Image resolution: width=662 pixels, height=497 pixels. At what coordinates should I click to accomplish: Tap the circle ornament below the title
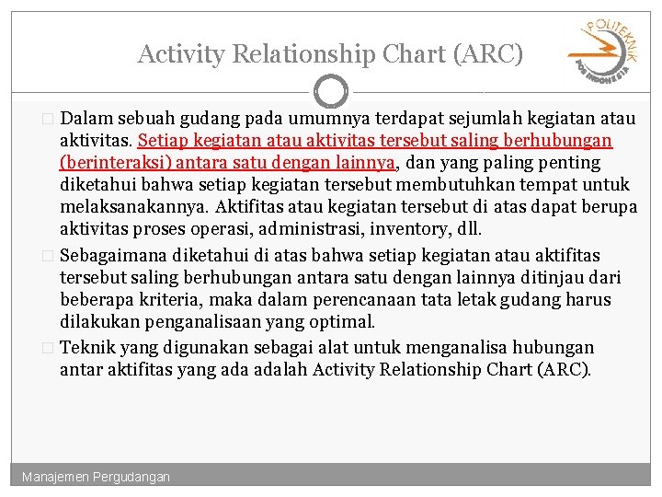[x=331, y=91]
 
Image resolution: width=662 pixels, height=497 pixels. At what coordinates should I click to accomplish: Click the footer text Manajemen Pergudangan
[x=97, y=477]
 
